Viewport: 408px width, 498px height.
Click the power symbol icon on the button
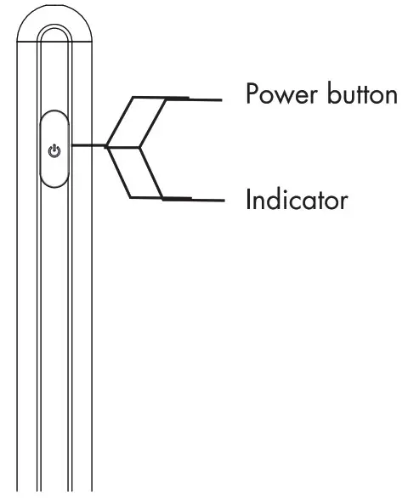click(x=55, y=151)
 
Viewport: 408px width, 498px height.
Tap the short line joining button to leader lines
click(x=88, y=146)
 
